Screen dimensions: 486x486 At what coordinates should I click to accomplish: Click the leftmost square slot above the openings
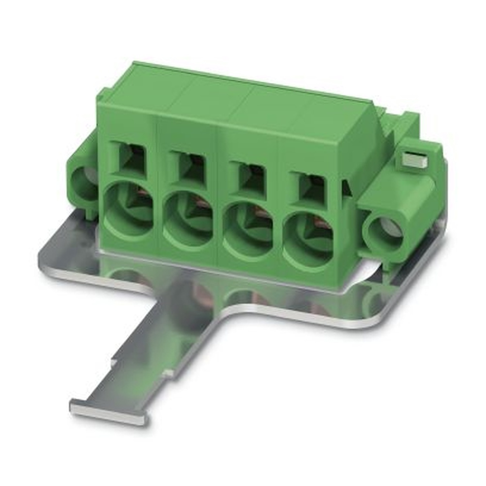(x=130, y=158)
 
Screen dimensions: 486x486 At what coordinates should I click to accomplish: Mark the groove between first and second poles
(x=156, y=160)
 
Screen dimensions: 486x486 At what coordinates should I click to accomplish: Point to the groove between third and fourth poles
(x=276, y=180)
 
